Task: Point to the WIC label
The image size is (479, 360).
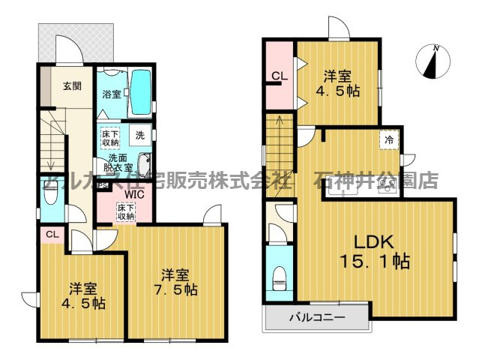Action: [x=134, y=193]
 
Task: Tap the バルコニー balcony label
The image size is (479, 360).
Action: [x=318, y=318]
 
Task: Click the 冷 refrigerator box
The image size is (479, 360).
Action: [x=388, y=139]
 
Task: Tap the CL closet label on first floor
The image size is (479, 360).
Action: [x=52, y=235]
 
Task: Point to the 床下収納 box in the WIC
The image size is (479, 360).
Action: [x=126, y=211]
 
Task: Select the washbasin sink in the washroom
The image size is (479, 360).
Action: [x=144, y=164]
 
